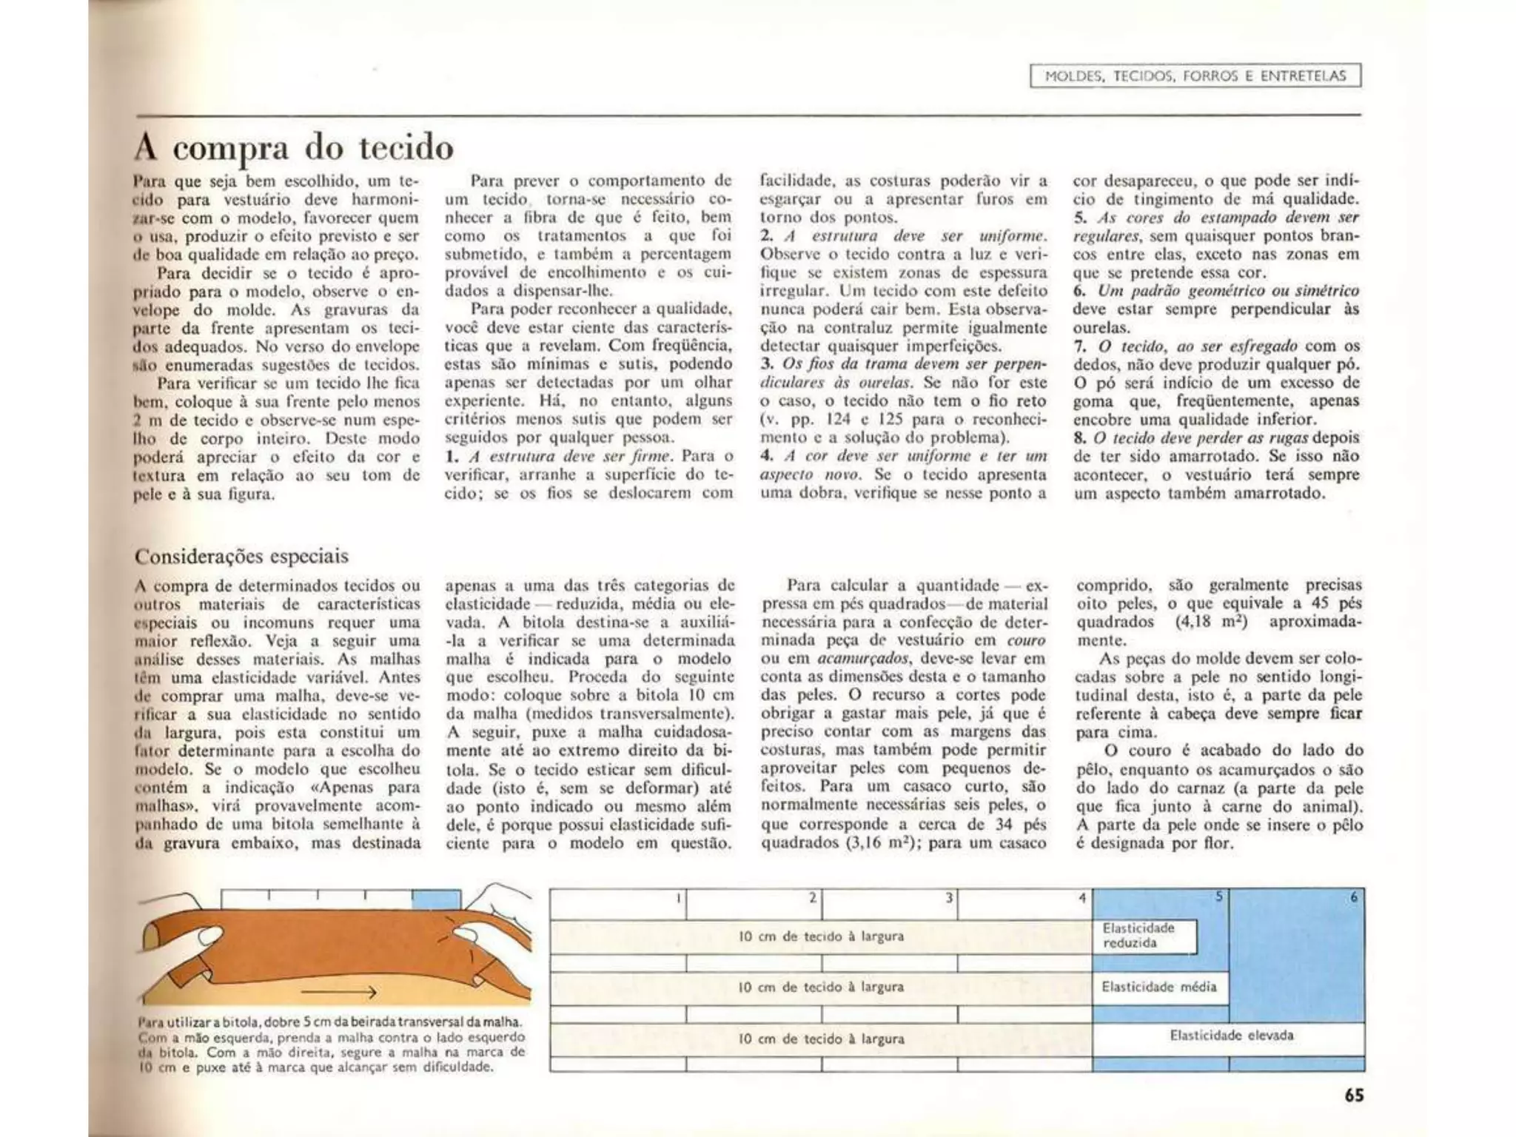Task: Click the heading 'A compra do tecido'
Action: pyautogui.click(x=294, y=148)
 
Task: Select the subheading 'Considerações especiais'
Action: pyautogui.click(x=241, y=556)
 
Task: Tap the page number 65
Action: pyautogui.click(x=1354, y=1095)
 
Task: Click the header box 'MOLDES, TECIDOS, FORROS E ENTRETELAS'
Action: pyautogui.click(x=1195, y=76)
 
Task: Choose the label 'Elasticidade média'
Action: pyautogui.click(x=1158, y=987)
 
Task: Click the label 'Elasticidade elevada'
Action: pyautogui.click(x=1231, y=1035)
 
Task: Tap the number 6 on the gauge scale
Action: pyautogui.click(x=1353, y=897)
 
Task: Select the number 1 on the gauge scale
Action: pyautogui.click(x=678, y=898)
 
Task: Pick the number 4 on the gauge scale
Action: pyautogui.click(x=1081, y=898)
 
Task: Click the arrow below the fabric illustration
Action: pyautogui.click(x=339, y=992)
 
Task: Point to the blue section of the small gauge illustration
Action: pyautogui.click(x=436, y=899)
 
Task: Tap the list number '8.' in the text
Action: pyautogui.click(x=1081, y=437)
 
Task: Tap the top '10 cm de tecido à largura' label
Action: pyautogui.click(x=821, y=936)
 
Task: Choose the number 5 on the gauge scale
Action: pyautogui.click(x=1218, y=897)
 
